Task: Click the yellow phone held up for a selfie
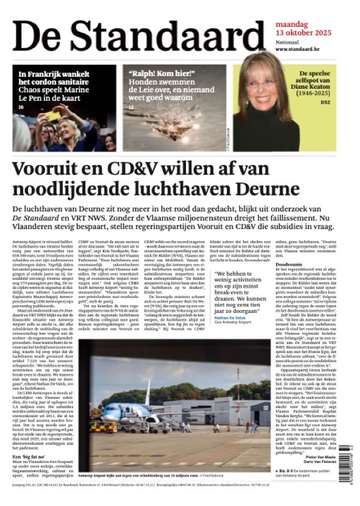(52, 115)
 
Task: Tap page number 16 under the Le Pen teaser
(21, 107)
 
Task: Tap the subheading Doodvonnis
(289, 247)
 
